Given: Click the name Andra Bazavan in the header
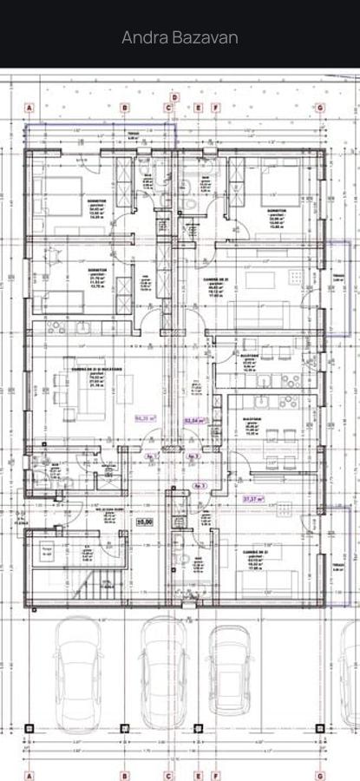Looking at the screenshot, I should point(180,37).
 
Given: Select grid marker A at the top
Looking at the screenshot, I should point(29,108).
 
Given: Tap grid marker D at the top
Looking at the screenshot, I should point(173,97).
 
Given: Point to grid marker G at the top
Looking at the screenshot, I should point(320,108).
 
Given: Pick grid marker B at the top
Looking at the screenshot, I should point(123,108).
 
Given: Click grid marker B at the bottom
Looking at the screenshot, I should point(123,775).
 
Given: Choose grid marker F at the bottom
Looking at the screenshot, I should point(216,775).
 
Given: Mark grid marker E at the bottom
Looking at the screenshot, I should point(199,775).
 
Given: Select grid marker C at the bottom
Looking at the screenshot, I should point(169,775).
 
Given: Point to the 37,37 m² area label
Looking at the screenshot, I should point(252,499).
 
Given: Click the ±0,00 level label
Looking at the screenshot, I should point(144,522).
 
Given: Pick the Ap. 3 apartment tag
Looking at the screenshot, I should point(200,485).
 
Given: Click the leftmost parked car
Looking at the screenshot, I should point(81,673).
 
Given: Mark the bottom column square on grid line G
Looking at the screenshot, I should point(320,726).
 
